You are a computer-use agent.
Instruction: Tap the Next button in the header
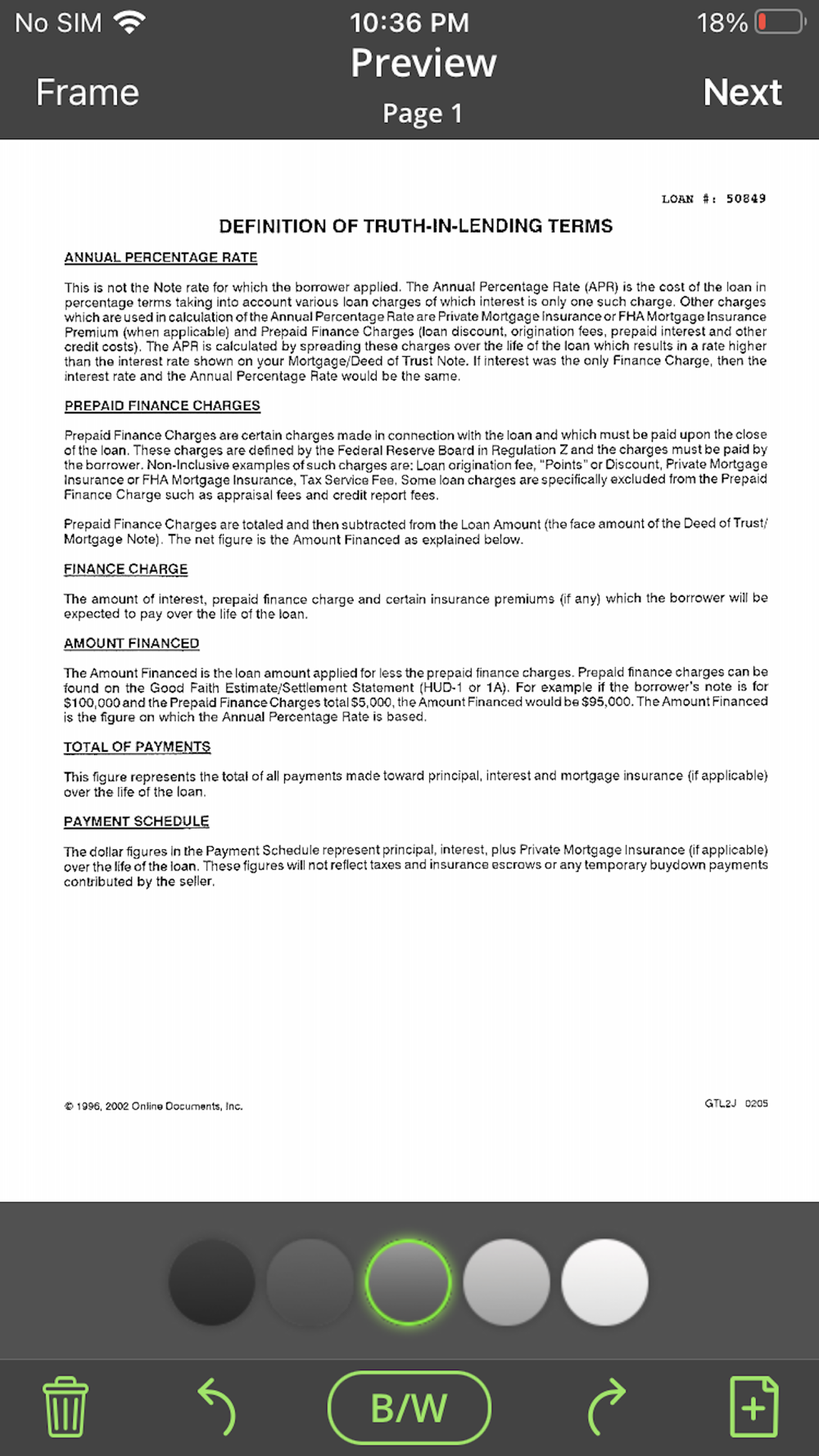742,93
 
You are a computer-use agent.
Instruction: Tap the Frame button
88,93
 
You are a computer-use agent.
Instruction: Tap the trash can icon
66,1407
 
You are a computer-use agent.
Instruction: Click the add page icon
753,1407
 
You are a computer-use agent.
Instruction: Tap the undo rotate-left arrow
217,1407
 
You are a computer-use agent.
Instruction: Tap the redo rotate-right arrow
606,1407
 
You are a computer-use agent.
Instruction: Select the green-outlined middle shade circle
408,1282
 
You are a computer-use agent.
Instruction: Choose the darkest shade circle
211,1282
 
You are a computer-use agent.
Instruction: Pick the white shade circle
604,1282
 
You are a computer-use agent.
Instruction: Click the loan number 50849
745,199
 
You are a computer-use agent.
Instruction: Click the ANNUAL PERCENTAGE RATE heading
161,257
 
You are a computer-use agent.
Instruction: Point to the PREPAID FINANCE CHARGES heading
162,405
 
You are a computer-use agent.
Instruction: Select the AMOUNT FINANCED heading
132,643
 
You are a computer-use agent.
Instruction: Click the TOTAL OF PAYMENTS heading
137,747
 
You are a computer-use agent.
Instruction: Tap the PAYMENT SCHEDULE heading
136,821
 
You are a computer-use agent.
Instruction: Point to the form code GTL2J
721,1104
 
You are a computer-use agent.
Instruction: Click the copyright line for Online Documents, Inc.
153,1106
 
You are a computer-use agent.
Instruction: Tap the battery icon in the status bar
780,22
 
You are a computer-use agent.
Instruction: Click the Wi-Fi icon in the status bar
130,22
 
